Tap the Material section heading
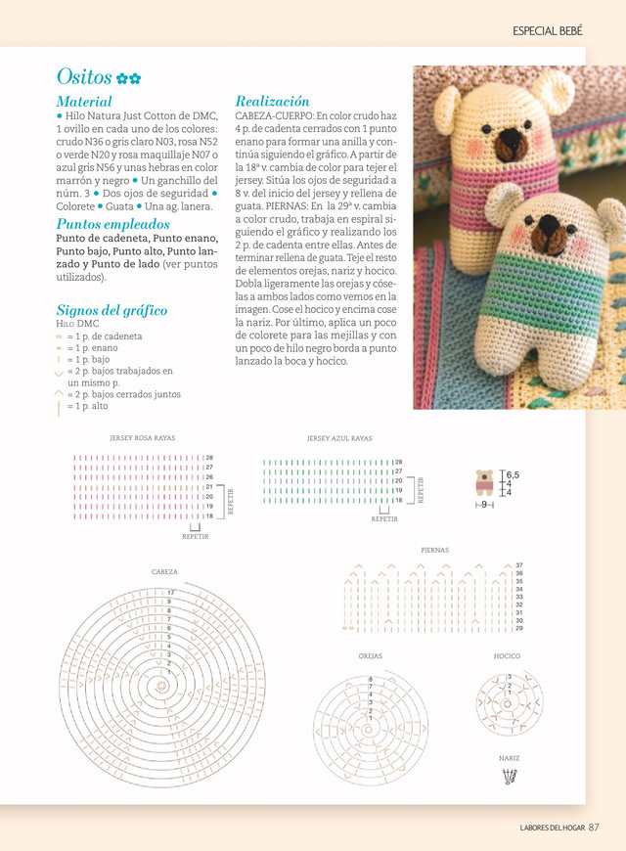[84, 101]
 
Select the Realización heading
[272, 101]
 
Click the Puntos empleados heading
[112, 223]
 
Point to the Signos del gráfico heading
[112, 310]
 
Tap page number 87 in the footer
[593, 828]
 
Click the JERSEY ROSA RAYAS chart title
[143, 438]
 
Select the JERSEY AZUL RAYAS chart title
[339, 438]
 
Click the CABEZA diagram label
[164, 571]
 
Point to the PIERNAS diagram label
[434, 551]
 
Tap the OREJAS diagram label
[370, 656]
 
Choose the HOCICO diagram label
[507, 656]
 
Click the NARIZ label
[508, 758]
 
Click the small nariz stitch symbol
[508, 778]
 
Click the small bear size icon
[485, 483]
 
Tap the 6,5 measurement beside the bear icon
[513, 474]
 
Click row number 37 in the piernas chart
[518, 565]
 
